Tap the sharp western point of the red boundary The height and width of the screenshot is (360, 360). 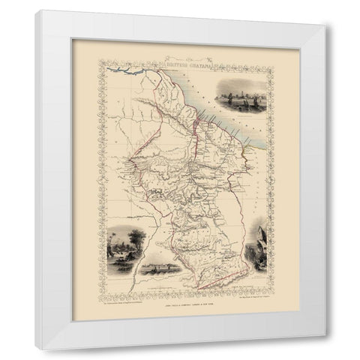coord(128,159)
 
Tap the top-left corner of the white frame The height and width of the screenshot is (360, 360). coord(37,10)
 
